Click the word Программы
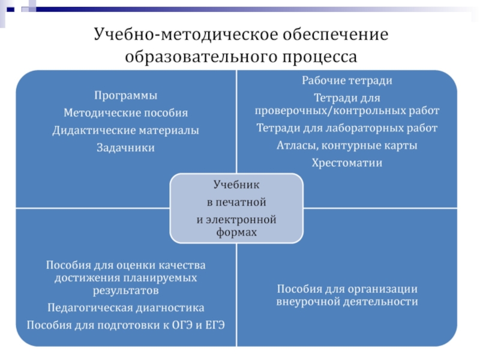125,95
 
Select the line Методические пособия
125,113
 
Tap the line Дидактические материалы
125,130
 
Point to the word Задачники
125,148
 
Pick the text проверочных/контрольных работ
347,111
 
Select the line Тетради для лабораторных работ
347,128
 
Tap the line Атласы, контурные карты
347,145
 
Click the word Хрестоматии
347,163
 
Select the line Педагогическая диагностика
125,308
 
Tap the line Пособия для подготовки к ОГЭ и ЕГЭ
125,325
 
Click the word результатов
125,291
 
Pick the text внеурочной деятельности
347,302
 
